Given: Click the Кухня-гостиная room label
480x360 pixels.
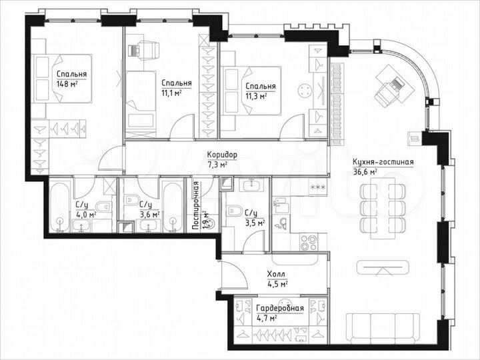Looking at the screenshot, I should [383, 162].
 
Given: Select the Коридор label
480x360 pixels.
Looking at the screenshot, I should [221, 155].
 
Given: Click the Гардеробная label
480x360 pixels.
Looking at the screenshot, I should [280, 308].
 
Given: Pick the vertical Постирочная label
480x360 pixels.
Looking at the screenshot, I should [197, 206].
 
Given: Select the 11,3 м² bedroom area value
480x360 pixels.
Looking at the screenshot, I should [256, 95].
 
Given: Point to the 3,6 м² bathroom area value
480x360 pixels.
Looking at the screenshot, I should [150, 214].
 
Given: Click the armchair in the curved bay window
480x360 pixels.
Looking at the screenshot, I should [389, 90].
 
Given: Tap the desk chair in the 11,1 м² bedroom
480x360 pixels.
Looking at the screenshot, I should [147, 49].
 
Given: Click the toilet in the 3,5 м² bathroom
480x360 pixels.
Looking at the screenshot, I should [235, 212].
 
